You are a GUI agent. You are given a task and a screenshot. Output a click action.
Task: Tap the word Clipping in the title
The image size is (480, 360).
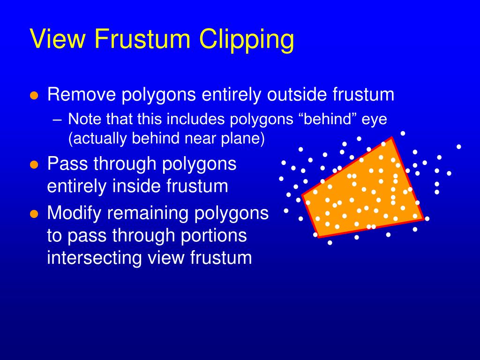click(247, 40)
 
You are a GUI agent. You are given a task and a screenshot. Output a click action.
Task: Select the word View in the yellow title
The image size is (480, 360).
click(58, 38)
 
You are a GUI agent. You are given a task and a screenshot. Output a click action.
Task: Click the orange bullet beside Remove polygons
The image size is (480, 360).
click(34, 95)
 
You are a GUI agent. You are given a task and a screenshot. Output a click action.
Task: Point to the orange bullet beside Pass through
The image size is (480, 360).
click(34, 165)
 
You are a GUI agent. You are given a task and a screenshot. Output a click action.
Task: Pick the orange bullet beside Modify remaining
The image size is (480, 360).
click(34, 214)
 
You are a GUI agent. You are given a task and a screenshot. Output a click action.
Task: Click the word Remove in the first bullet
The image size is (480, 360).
click(82, 94)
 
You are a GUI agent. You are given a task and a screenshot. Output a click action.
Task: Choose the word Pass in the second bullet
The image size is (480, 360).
click(67, 164)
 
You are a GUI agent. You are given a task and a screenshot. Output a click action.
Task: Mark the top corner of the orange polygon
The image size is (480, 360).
click(392, 138)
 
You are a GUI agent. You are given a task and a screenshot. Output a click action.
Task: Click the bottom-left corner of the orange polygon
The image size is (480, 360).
click(319, 237)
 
